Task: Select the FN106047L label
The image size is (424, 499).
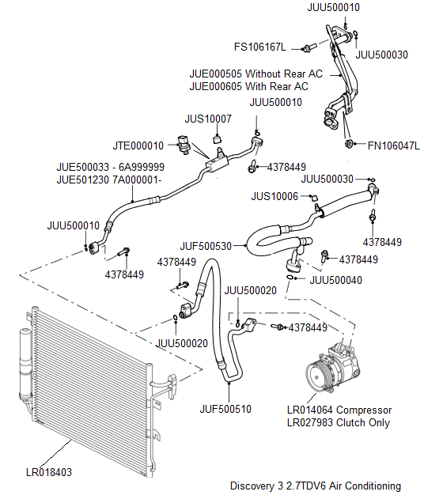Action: point(393,146)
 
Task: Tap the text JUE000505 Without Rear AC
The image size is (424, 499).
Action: point(256,74)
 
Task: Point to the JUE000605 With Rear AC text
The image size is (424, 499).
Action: point(249,86)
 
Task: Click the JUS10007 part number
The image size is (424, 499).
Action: point(208,119)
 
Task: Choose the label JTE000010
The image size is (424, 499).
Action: point(138,146)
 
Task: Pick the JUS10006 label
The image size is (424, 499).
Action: point(274,195)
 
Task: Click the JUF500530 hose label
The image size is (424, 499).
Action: point(205,246)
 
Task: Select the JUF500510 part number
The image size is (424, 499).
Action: point(225,409)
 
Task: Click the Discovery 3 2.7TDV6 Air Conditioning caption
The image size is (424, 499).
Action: point(316,486)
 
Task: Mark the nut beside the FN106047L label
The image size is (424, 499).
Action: point(349,145)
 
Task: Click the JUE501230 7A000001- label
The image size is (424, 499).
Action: point(109,180)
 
